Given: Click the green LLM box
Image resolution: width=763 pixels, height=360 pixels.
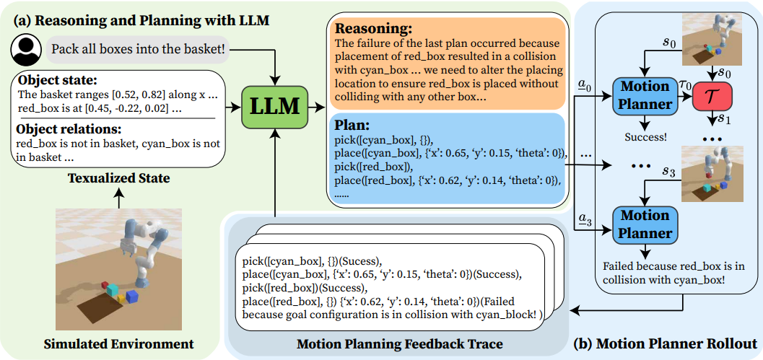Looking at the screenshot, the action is point(276,106).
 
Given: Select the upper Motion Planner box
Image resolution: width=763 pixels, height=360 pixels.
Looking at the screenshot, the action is point(645,96).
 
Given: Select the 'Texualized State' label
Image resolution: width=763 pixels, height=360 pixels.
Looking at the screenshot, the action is point(118,178).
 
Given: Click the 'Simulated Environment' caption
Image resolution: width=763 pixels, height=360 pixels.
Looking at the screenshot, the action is point(118,344).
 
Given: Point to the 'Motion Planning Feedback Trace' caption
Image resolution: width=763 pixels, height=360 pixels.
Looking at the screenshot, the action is point(399,344).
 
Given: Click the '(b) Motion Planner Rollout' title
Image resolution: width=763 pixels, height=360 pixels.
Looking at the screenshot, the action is point(666,343).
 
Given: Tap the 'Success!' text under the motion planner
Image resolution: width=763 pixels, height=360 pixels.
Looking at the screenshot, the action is point(645,136).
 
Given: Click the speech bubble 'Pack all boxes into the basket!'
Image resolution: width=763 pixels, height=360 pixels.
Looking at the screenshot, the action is point(137,49).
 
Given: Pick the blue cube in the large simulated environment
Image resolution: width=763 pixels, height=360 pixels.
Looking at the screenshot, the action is point(131,297).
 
